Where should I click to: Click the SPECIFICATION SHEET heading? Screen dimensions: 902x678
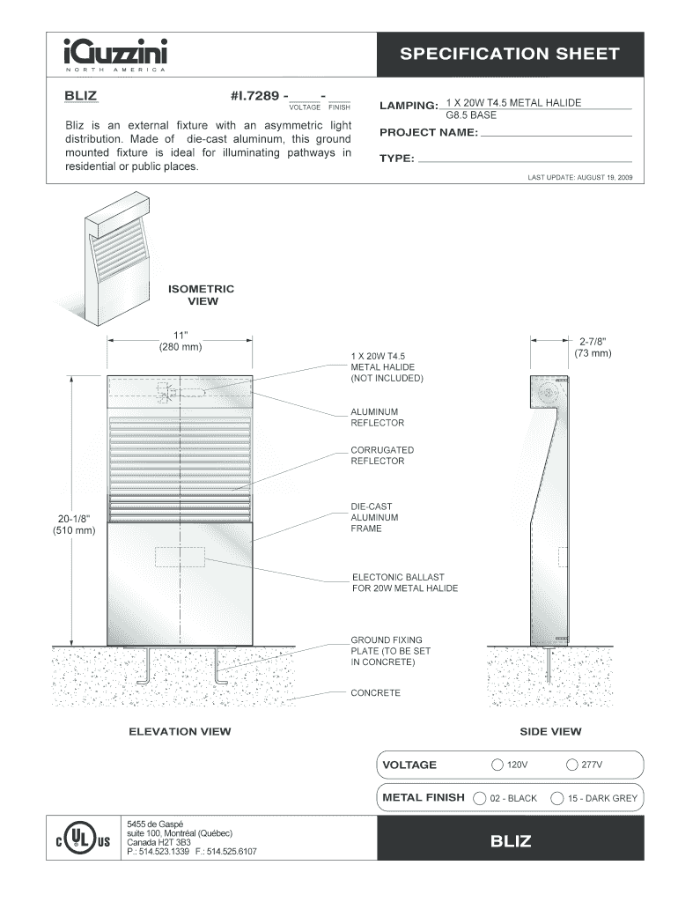pyautogui.click(x=510, y=54)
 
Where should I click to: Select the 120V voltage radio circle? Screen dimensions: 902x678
pyautogui.click(x=498, y=764)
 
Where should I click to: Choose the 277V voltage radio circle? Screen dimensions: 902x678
pyautogui.click(x=572, y=764)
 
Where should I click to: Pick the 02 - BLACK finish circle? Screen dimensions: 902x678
pyautogui.click(x=480, y=798)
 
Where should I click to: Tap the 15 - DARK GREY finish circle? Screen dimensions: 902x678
pyautogui.click(x=557, y=798)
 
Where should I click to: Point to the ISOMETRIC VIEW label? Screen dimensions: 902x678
pyautogui.click(x=202, y=294)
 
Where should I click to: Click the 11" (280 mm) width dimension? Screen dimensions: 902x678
pyautogui.click(x=181, y=341)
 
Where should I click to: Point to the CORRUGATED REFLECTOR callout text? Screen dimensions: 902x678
pyautogui.click(x=382, y=455)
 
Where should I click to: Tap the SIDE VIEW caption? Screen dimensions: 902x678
pyautogui.click(x=550, y=731)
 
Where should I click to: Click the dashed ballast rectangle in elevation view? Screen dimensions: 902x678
pyautogui.click(x=180, y=557)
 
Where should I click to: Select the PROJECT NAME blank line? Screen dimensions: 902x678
pyautogui.click(x=556, y=136)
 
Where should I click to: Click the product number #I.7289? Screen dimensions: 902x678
pyautogui.click(x=256, y=94)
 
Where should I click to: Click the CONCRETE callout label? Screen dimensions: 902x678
pyautogui.click(x=375, y=692)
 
